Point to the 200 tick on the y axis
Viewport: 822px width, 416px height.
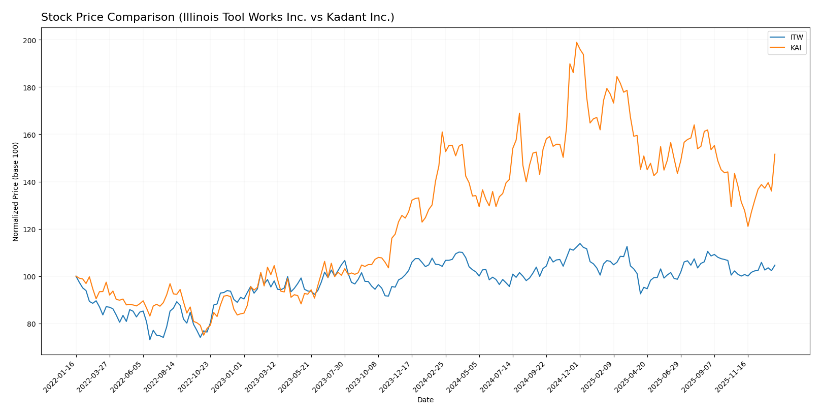coord(30,40)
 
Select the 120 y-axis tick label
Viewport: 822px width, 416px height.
coord(30,230)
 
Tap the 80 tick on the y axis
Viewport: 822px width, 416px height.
coord(32,324)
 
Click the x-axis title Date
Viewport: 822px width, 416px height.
coord(425,400)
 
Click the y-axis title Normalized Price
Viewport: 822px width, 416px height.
coord(16,191)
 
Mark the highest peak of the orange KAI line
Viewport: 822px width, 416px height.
coord(576,42)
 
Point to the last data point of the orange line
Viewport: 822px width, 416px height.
coord(775,154)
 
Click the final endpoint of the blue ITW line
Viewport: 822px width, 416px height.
coord(775,265)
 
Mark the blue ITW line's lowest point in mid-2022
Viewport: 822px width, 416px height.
coord(150,339)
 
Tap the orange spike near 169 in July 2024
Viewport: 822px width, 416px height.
coord(519,113)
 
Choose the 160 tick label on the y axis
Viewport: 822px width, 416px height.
coord(30,135)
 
